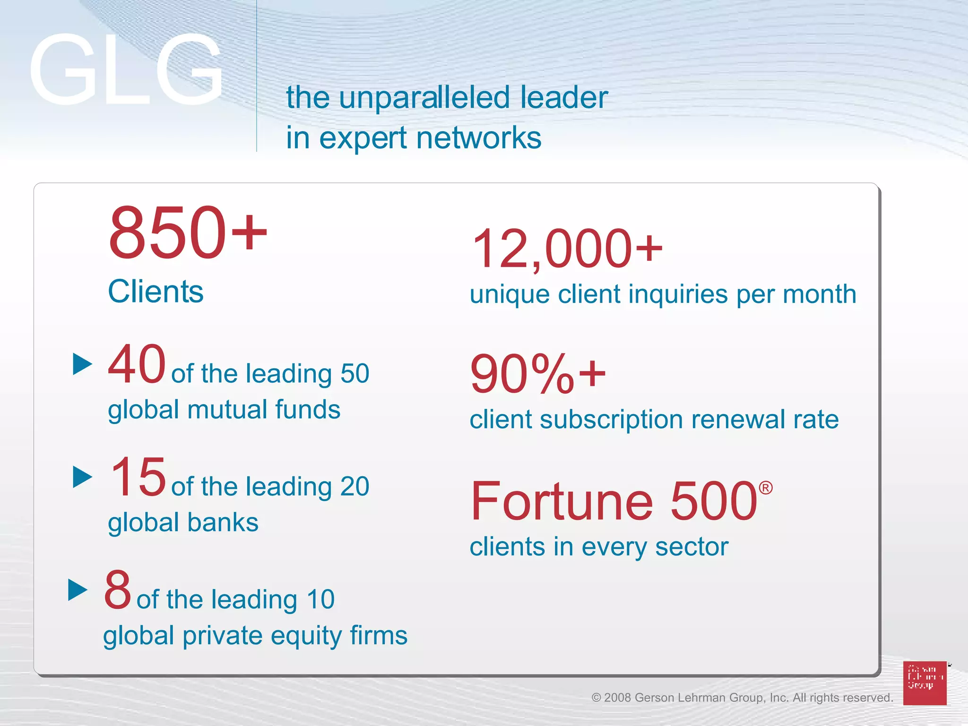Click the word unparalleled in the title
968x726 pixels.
424,97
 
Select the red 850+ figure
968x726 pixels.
188,233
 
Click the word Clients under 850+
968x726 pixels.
156,291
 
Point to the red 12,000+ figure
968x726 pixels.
567,249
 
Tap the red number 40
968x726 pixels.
137,364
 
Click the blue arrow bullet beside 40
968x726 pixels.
82,364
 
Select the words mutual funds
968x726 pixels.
263,409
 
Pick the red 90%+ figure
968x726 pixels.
537,374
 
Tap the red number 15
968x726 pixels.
138,476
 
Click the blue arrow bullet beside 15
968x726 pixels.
82,476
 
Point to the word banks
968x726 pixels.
223,522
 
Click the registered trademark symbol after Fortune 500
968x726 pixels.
765,488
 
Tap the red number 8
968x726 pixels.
118,589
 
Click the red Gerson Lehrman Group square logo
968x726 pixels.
925,683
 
